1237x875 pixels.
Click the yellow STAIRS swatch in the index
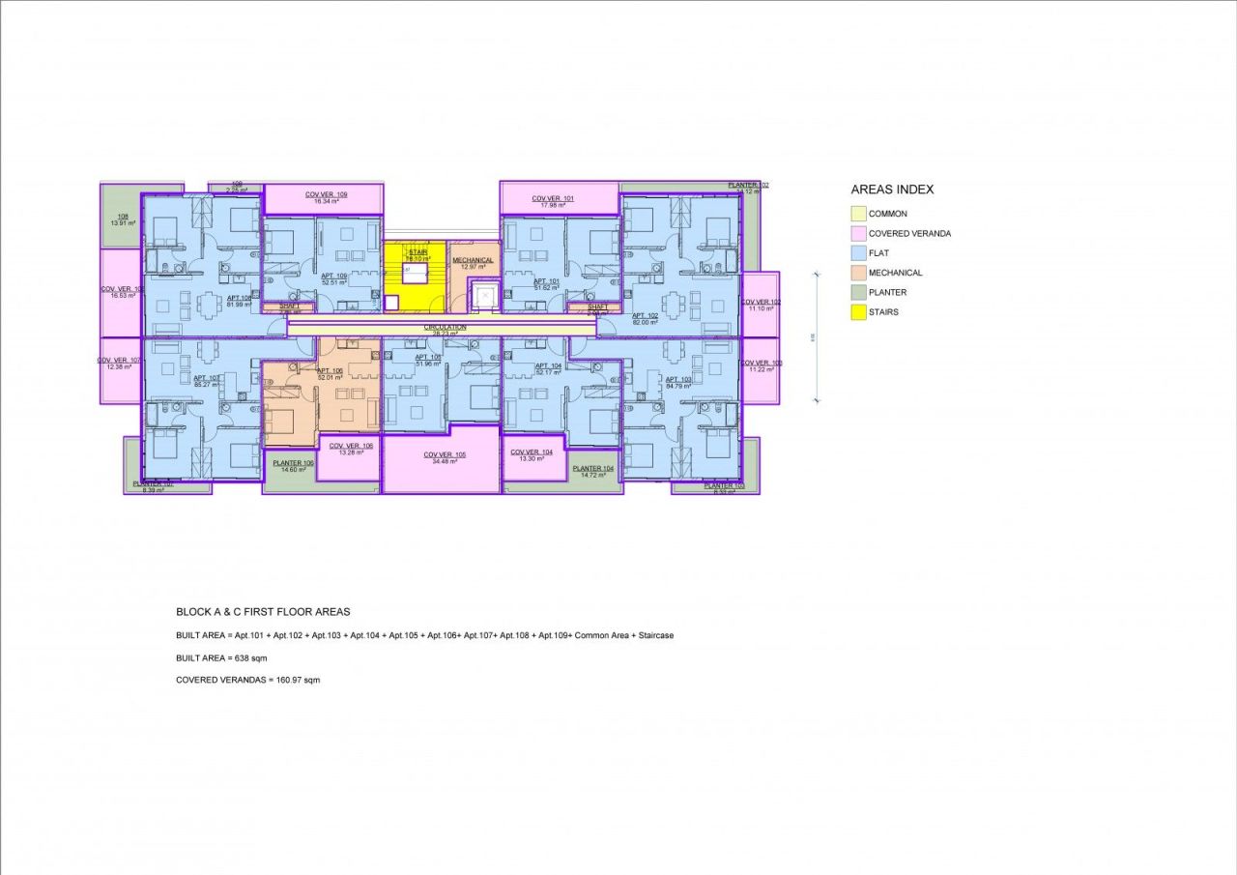(x=858, y=312)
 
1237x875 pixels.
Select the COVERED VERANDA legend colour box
(x=858, y=233)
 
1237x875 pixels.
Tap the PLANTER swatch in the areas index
(x=858, y=292)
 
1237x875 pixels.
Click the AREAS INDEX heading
(x=892, y=190)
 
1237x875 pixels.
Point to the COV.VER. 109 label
(x=326, y=194)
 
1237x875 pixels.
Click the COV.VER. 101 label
(x=553, y=199)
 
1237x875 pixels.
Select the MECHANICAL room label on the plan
(x=474, y=260)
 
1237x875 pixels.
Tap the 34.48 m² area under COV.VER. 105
(x=445, y=461)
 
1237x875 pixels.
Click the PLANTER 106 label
(x=293, y=463)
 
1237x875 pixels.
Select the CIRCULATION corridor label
(x=445, y=327)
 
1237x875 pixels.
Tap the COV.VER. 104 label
(x=532, y=452)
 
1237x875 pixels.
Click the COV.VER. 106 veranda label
(x=350, y=446)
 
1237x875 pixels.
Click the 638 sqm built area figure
(x=249, y=657)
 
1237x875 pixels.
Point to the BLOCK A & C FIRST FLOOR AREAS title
(x=263, y=612)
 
